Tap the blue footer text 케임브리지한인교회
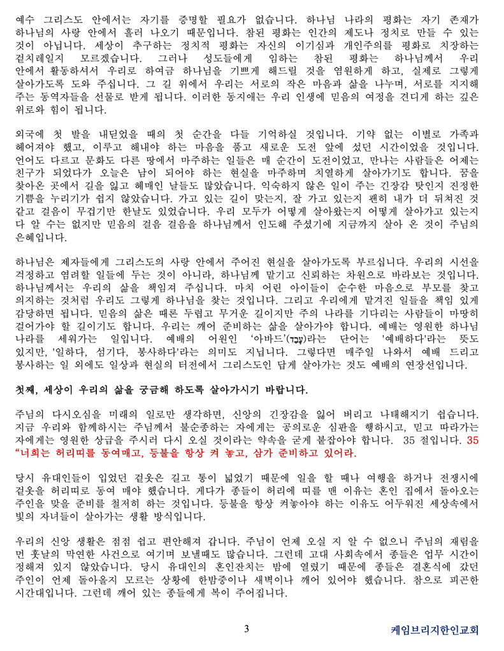[434, 631]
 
